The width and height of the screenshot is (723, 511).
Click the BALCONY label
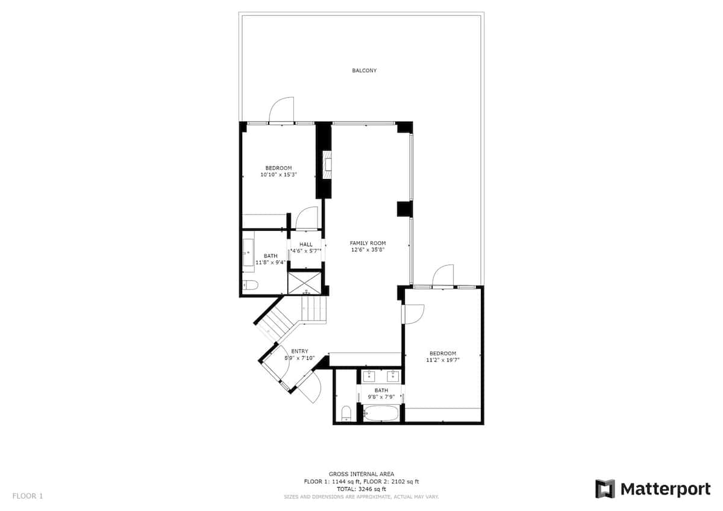[364, 71]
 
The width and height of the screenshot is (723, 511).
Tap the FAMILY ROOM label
[368, 243]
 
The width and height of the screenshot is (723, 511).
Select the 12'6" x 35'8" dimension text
[368, 249]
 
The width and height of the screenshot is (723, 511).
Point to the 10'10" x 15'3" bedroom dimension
[278, 175]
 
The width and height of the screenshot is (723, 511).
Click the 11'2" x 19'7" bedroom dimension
[443, 360]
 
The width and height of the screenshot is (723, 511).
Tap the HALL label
[305, 245]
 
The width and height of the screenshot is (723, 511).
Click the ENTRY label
[299, 351]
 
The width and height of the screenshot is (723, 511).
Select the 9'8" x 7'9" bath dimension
[381, 397]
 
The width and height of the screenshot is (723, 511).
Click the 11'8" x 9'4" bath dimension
[271, 263]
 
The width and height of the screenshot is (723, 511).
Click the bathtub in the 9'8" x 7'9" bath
[381, 413]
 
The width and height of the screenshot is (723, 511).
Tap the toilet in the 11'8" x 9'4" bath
[251, 285]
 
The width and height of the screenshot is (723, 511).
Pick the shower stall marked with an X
[304, 283]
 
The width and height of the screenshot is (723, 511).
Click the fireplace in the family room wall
[328, 165]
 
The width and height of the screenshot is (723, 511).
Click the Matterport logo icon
[605, 489]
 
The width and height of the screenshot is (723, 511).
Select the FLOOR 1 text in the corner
[28, 496]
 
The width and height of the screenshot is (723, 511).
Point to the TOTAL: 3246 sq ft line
[361, 489]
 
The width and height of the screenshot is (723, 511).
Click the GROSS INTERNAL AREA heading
[361, 474]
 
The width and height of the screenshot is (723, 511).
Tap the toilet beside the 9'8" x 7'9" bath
[346, 413]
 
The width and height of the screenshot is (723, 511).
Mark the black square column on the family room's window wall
[405, 209]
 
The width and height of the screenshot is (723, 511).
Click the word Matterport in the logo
[665, 489]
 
